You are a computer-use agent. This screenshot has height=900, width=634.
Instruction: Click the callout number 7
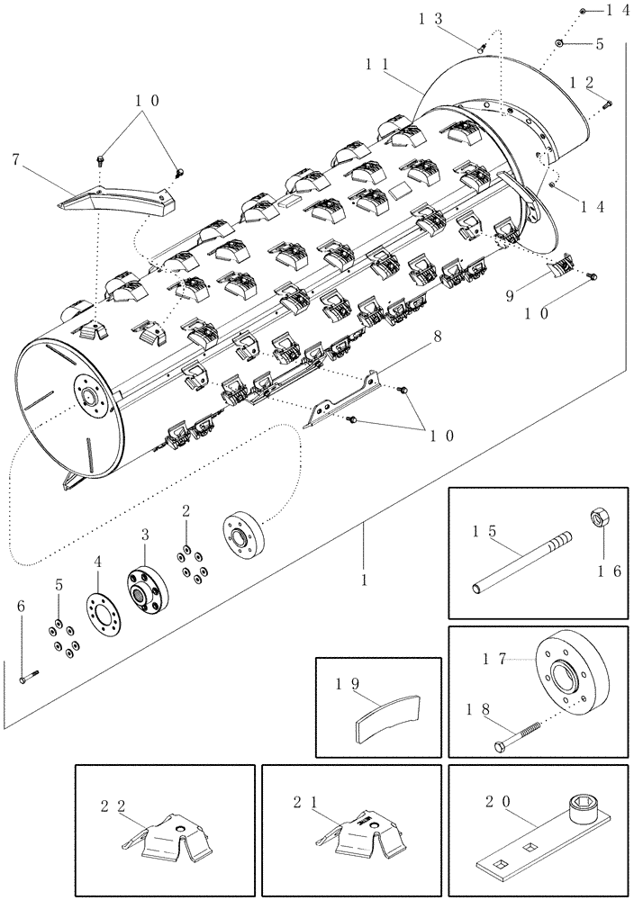coord(15,160)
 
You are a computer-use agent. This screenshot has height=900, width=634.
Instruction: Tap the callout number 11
coord(377,65)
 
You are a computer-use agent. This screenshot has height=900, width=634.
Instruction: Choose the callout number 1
coord(364,582)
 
